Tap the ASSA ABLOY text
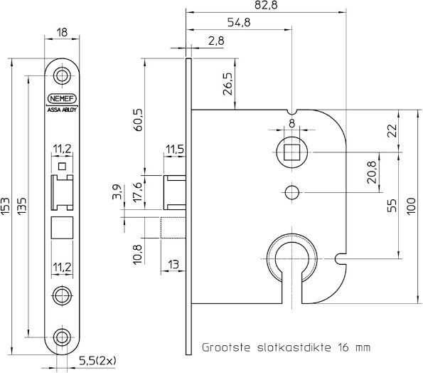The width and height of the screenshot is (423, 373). [x=62, y=110]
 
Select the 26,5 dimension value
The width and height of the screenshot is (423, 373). [x=228, y=83]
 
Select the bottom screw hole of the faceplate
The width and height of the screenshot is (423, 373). [x=62, y=337]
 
